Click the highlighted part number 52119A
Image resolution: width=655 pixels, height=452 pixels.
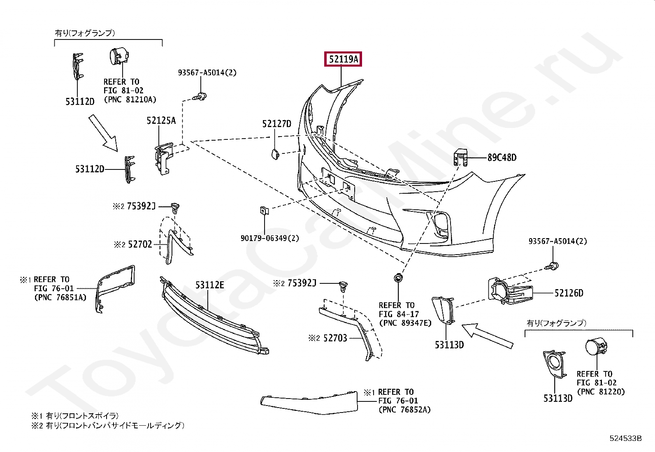(343, 60)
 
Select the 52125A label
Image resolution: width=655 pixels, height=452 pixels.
(161, 121)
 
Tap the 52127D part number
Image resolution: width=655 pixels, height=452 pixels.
(277, 124)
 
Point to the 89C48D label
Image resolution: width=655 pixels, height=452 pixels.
(502, 158)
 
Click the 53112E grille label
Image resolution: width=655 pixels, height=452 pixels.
(209, 285)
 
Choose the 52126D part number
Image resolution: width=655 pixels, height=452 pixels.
(569, 293)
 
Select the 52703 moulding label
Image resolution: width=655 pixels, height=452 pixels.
(335, 338)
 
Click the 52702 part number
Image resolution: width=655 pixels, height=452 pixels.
(139, 245)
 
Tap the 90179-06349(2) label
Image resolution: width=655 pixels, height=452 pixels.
(270, 238)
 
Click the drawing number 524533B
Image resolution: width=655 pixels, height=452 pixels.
(626, 438)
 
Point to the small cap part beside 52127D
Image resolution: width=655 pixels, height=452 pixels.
(275, 154)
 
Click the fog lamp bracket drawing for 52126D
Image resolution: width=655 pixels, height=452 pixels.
(510, 292)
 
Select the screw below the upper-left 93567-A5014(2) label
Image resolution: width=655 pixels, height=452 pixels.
(201, 97)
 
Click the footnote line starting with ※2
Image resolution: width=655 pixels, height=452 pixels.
(107, 426)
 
